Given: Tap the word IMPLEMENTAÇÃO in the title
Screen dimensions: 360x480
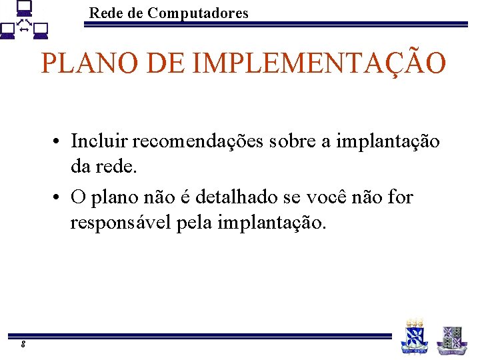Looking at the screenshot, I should coord(319,63).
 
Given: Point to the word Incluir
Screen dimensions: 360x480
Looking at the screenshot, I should coord(99,141).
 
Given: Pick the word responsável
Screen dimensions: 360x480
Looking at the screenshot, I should coord(121,223).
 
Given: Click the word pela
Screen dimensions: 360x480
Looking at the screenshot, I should coord(195,223).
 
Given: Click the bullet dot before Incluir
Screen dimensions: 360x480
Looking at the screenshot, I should coord(60,143).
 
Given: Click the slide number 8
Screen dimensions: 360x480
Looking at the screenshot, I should coord(23,344).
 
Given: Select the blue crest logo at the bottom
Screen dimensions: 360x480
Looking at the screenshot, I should coord(414,337).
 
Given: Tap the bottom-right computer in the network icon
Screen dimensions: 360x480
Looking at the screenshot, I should coord(41,31).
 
